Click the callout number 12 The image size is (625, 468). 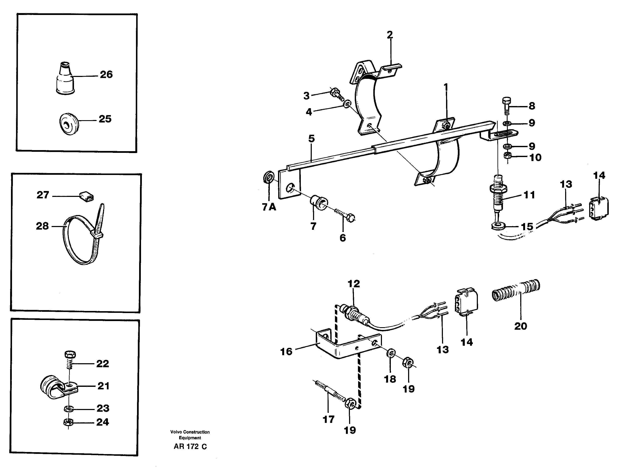(353, 284)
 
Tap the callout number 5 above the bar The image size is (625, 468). (311, 139)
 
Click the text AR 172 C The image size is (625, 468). (190, 447)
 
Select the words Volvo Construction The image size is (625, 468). (190, 432)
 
